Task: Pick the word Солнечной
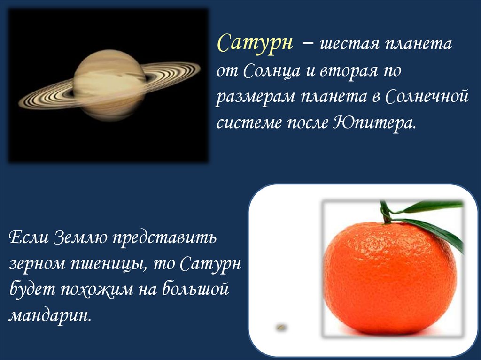pos(427,97)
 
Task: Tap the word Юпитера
pos(374,123)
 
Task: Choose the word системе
pos(249,123)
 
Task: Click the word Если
pos(29,237)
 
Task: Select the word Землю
pos(80,237)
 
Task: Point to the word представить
pos(164,238)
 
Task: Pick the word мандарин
pos(50,316)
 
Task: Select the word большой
pos(195,289)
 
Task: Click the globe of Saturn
pos(109,85)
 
